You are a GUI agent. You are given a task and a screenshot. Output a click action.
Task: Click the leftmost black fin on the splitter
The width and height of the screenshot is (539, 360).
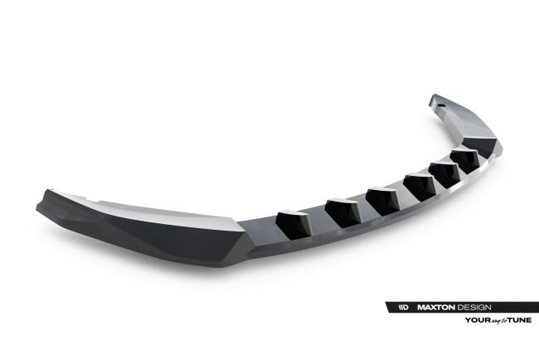pos(293,221)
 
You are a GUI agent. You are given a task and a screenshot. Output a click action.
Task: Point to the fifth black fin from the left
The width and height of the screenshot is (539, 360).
pos(444,173)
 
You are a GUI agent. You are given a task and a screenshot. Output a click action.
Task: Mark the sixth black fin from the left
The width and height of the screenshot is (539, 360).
pos(464,160)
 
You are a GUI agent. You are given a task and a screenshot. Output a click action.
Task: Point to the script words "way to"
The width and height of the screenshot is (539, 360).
pos(499,319)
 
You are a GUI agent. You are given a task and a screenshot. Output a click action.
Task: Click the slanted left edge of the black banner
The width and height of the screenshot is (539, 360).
pos(389,307)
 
